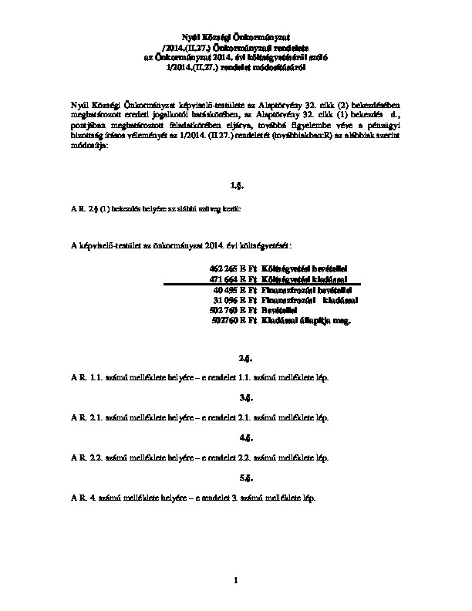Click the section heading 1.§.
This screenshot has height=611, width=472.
[x=236, y=186]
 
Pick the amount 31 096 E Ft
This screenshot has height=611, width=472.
[x=234, y=299]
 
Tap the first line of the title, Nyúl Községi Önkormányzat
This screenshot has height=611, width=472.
[x=236, y=36]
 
